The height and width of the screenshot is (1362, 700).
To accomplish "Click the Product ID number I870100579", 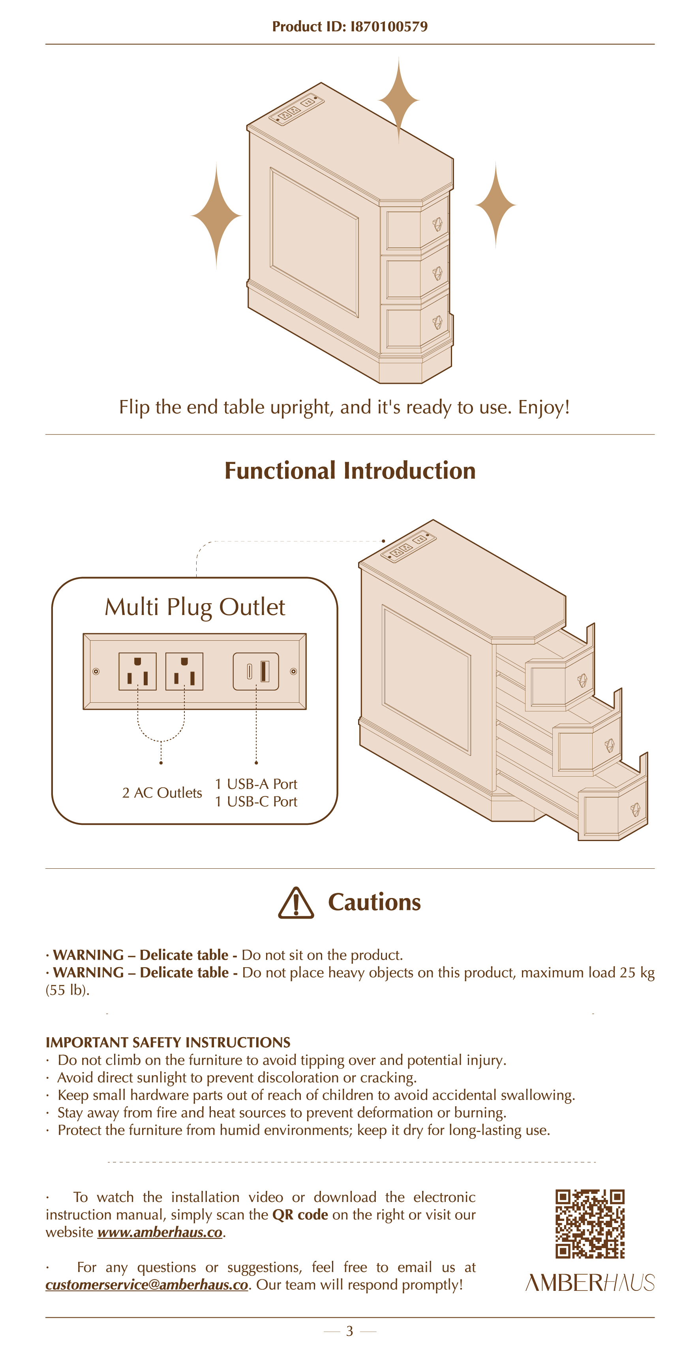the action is pos(389,26).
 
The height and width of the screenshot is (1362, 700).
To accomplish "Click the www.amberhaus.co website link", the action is pos(160,1232).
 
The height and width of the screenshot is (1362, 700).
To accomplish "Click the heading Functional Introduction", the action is pos(350,471).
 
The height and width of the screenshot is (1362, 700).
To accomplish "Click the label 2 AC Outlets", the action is pos(161,792).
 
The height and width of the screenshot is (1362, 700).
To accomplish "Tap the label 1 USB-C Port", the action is pos(256,802).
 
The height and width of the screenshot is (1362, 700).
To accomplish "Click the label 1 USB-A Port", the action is pos(256,784).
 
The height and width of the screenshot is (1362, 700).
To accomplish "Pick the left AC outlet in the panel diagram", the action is pos(137,672).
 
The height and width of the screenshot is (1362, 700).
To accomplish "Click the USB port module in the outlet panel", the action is pos(256,672).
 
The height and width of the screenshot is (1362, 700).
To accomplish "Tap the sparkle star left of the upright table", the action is pos(216,216).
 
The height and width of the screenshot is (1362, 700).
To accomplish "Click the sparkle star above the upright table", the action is pos(398,99).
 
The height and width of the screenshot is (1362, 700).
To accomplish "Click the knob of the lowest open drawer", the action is pos(636,809).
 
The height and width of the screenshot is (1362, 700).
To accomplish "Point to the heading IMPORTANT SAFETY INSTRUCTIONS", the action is pos(168,1042).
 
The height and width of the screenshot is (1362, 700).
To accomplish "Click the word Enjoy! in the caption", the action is pos(544,407).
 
